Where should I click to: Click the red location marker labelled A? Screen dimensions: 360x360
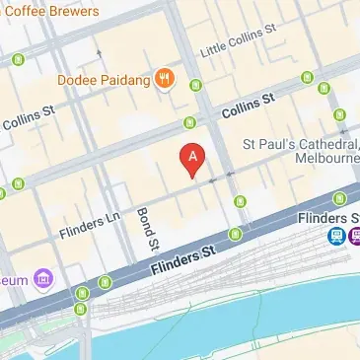pos(192,158)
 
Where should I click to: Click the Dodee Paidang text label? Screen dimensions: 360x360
pos(104,79)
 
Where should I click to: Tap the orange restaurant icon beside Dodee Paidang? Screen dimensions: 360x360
pos(165,79)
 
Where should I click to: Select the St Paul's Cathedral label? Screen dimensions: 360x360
pos(301,146)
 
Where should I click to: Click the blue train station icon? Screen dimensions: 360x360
pos(337,236)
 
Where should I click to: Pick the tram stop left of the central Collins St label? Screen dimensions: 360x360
pos(189,123)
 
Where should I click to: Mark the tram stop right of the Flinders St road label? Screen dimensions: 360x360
pos(235,234)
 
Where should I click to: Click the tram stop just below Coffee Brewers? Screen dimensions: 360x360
pos(17,59)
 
